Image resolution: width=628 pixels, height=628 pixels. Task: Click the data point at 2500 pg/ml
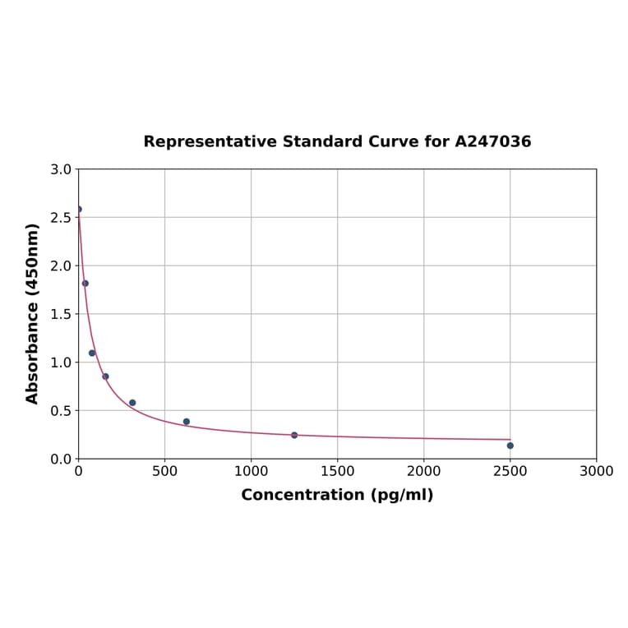510,446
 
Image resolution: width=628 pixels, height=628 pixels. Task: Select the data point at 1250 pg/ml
294,435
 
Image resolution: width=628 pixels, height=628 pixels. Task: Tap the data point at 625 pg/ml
187,422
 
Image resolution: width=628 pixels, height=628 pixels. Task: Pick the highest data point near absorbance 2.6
79,209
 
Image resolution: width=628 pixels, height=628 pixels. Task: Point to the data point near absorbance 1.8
85,283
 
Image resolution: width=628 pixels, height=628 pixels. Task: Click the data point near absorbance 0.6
132,403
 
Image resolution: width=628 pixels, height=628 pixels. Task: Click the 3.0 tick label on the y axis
61,169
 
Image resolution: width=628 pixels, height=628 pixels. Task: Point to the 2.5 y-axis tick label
61,218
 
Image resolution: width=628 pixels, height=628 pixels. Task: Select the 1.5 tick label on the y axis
61,314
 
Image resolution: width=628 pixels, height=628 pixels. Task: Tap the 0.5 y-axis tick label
61,410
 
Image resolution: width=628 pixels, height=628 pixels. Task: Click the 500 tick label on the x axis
164,471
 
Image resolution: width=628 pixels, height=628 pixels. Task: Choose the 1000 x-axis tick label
251,471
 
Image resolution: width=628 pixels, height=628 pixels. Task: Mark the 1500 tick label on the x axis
337,471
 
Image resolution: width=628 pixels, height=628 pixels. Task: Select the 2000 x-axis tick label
423,471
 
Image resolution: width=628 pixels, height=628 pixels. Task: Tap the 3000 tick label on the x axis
596,471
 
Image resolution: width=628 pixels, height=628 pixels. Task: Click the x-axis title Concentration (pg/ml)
337,495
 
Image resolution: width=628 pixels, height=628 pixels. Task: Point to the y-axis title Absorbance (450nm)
33,313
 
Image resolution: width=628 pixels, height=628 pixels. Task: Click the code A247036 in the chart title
493,141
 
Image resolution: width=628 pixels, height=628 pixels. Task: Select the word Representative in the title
210,141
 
